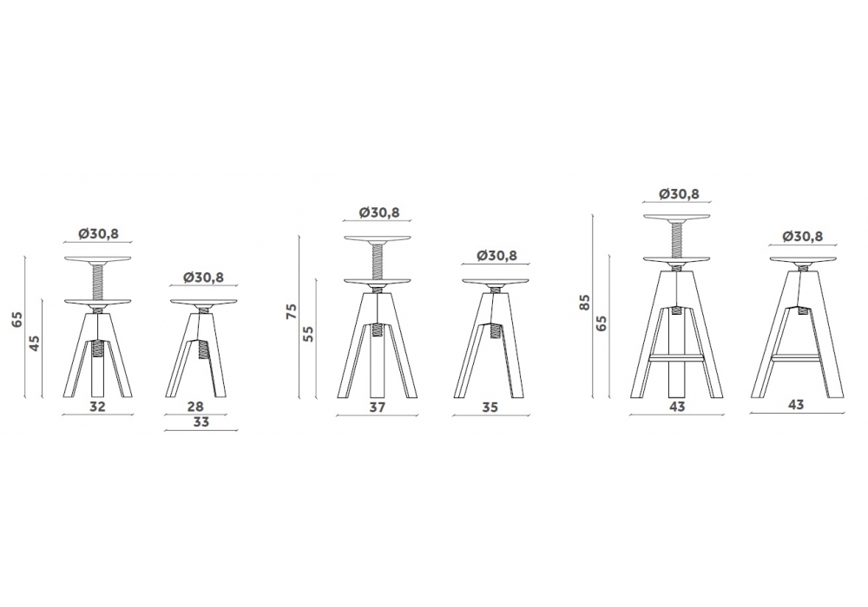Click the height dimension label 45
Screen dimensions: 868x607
click(x=35, y=344)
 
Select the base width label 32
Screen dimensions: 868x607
click(x=97, y=407)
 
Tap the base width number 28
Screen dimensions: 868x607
click(x=195, y=407)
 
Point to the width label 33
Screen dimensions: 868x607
click(x=201, y=421)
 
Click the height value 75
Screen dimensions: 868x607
click(x=292, y=310)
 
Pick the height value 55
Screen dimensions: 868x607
click(x=308, y=333)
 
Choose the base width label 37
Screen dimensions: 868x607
click(x=377, y=408)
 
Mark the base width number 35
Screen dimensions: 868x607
click(x=490, y=408)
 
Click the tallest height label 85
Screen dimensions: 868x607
click(x=585, y=303)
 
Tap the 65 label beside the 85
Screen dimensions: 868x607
click(x=602, y=323)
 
